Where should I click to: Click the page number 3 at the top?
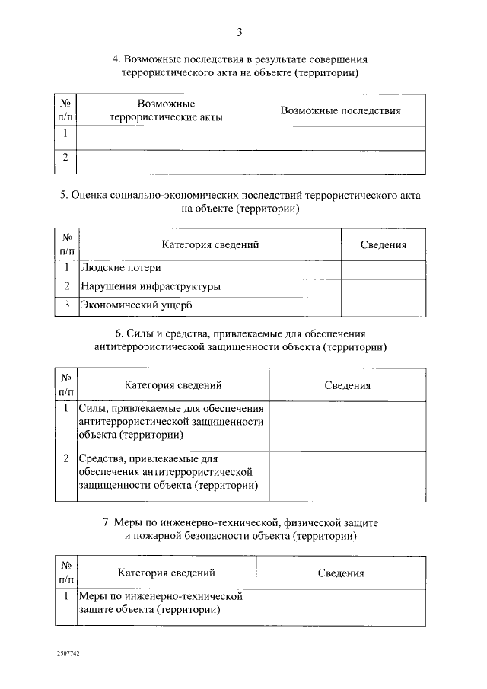(240, 31)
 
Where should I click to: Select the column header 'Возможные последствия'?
(340, 110)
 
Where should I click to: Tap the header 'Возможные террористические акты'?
(166, 110)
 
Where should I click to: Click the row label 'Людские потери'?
(121, 268)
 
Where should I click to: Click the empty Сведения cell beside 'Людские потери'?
(383, 268)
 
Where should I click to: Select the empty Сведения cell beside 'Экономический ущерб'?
(383, 305)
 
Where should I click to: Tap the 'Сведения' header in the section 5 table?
(383, 245)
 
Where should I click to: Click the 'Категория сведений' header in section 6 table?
(173, 385)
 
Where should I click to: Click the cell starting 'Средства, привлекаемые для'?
(167, 472)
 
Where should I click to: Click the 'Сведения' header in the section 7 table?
(340, 573)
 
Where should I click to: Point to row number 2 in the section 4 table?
(65, 158)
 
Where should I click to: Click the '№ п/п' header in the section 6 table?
(66, 385)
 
